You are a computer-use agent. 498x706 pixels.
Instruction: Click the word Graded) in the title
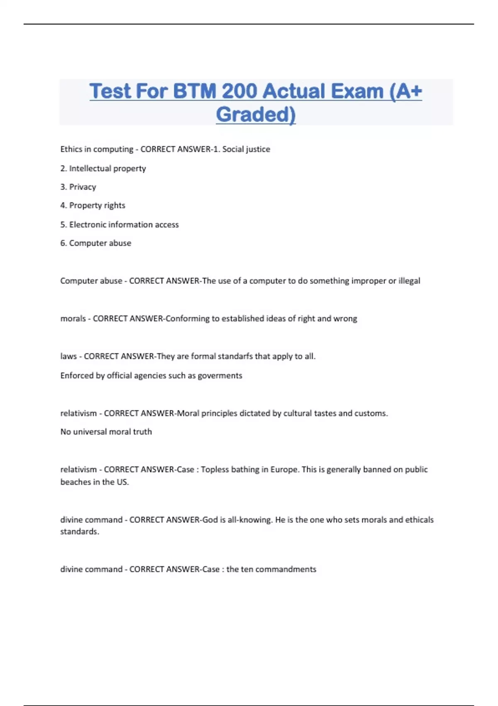point(256,114)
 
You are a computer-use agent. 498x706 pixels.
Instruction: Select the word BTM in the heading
point(194,91)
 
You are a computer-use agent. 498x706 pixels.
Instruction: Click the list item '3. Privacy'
point(78,187)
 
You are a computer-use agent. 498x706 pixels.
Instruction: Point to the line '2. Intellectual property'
point(103,168)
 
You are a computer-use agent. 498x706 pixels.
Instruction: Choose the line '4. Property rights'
point(93,205)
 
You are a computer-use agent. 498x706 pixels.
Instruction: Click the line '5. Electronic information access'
point(120,224)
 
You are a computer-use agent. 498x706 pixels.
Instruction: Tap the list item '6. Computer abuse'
point(95,243)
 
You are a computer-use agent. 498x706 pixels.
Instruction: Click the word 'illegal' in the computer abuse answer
point(409,281)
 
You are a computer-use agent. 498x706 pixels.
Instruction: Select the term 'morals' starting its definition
point(73,319)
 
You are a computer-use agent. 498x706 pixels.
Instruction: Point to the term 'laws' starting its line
point(68,356)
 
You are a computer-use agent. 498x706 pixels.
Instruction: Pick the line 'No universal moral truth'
point(106,431)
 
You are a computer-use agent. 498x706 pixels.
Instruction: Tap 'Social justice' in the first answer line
point(246,149)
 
